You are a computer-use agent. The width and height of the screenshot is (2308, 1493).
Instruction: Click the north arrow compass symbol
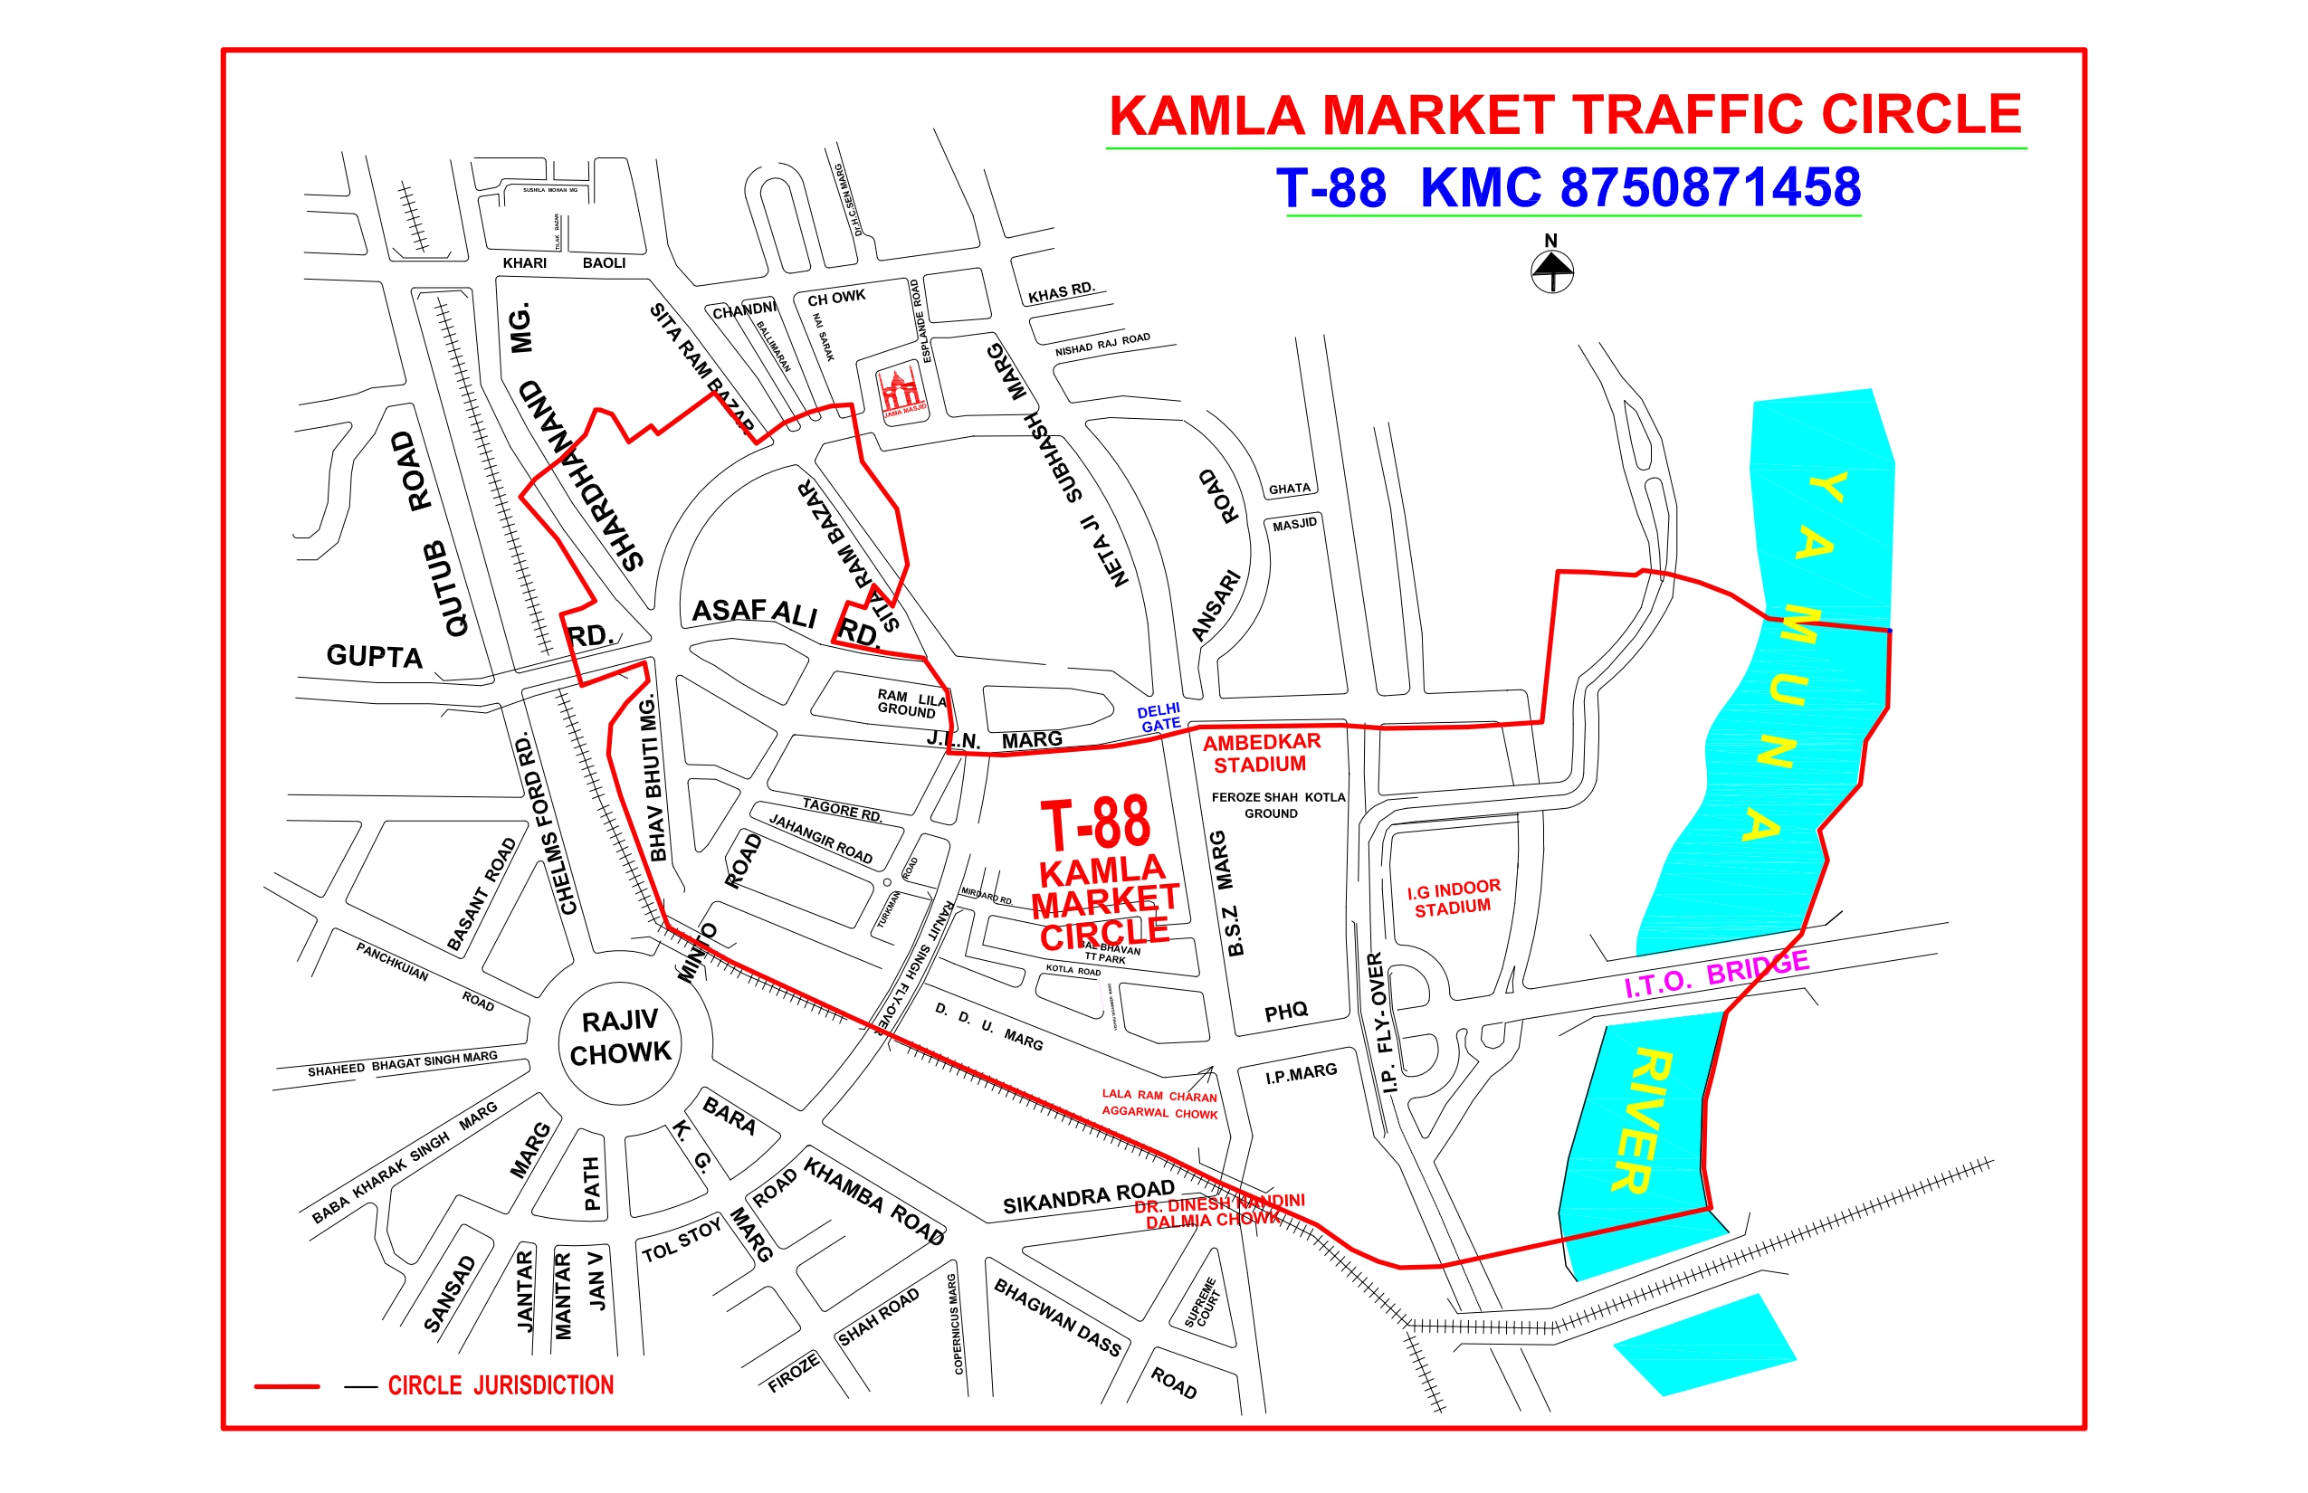1551,270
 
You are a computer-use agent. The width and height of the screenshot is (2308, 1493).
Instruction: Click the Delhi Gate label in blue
1159,718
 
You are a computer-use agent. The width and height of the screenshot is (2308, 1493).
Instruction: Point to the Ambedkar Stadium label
1261,753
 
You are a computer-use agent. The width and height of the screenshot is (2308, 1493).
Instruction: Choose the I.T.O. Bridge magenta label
1716,975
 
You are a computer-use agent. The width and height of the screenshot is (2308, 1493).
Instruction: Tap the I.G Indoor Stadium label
1453,898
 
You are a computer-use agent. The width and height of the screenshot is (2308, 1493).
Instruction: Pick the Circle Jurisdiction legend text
501,1385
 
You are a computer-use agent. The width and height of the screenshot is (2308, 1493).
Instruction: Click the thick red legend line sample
287,1386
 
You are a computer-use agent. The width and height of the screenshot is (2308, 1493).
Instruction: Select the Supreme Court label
1204,1302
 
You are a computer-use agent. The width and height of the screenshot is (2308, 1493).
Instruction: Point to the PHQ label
1286,1013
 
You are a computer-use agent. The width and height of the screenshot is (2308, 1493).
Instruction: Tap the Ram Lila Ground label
910,703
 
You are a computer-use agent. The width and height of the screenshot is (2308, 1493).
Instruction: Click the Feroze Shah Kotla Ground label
1277,804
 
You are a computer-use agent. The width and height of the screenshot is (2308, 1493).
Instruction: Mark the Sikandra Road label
1088,1197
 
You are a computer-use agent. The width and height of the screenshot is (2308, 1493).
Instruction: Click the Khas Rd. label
1061,291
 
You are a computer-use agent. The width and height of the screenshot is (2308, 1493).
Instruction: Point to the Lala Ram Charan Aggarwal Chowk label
1159,1104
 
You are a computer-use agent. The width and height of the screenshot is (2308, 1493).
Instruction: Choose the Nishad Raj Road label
1102,343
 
